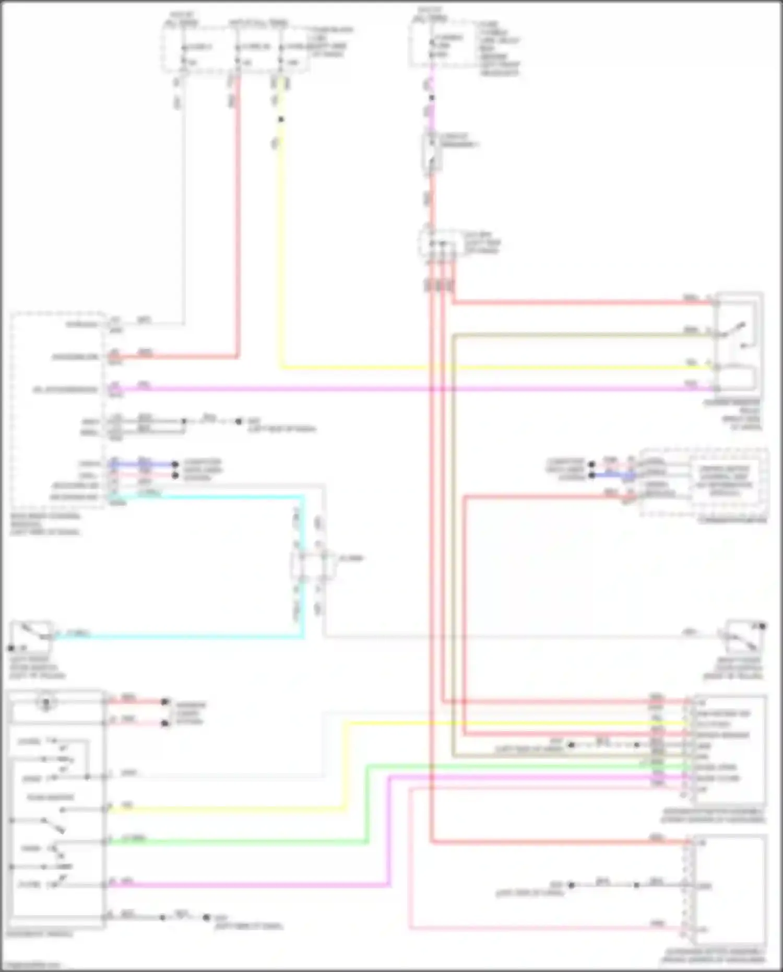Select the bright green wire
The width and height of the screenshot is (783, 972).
(x=235, y=841)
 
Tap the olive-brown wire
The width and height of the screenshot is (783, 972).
(x=574, y=335)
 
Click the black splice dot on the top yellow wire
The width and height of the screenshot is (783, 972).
(x=281, y=120)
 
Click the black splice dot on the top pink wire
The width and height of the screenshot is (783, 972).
(x=432, y=98)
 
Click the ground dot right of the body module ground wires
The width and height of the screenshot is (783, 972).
(x=239, y=421)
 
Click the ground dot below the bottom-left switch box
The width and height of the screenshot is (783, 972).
(x=207, y=917)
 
